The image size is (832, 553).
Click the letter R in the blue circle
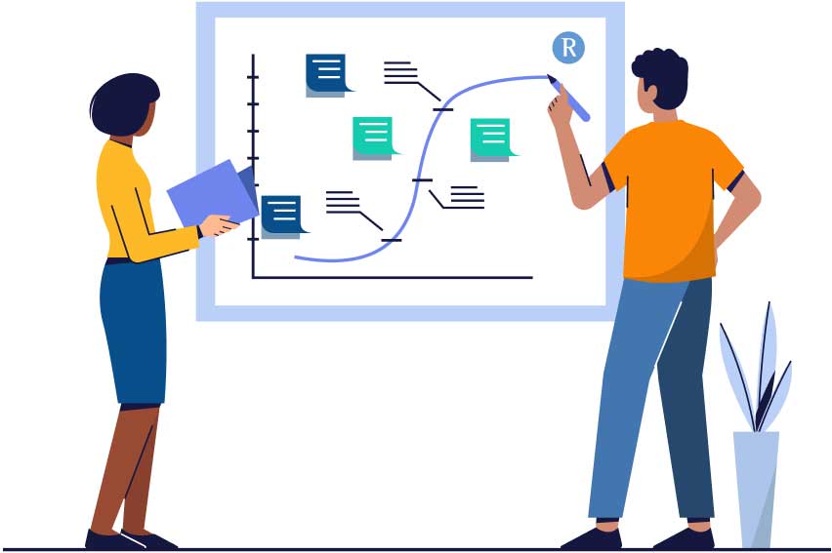[x=568, y=48]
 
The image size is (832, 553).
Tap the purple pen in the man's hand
[x=568, y=99]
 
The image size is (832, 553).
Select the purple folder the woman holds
[x=214, y=192]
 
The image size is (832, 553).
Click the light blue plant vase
[x=756, y=489]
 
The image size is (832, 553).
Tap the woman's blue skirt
[x=133, y=332]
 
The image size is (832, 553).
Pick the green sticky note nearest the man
[x=492, y=138]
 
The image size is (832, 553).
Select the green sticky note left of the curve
[x=375, y=138]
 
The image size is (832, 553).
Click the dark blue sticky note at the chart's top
[x=327, y=74]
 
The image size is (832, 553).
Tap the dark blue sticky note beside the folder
[x=283, y=217]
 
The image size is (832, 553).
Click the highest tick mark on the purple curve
[x=442, y=109]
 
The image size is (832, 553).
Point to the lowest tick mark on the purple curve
[x=391, y=240]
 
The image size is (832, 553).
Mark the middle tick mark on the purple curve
[x=423, y=180]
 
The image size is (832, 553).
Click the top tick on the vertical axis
[x=253, y=77]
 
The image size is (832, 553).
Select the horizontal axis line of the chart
[x=393, y=277]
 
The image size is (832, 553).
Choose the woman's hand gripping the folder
[x=218, y=225]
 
